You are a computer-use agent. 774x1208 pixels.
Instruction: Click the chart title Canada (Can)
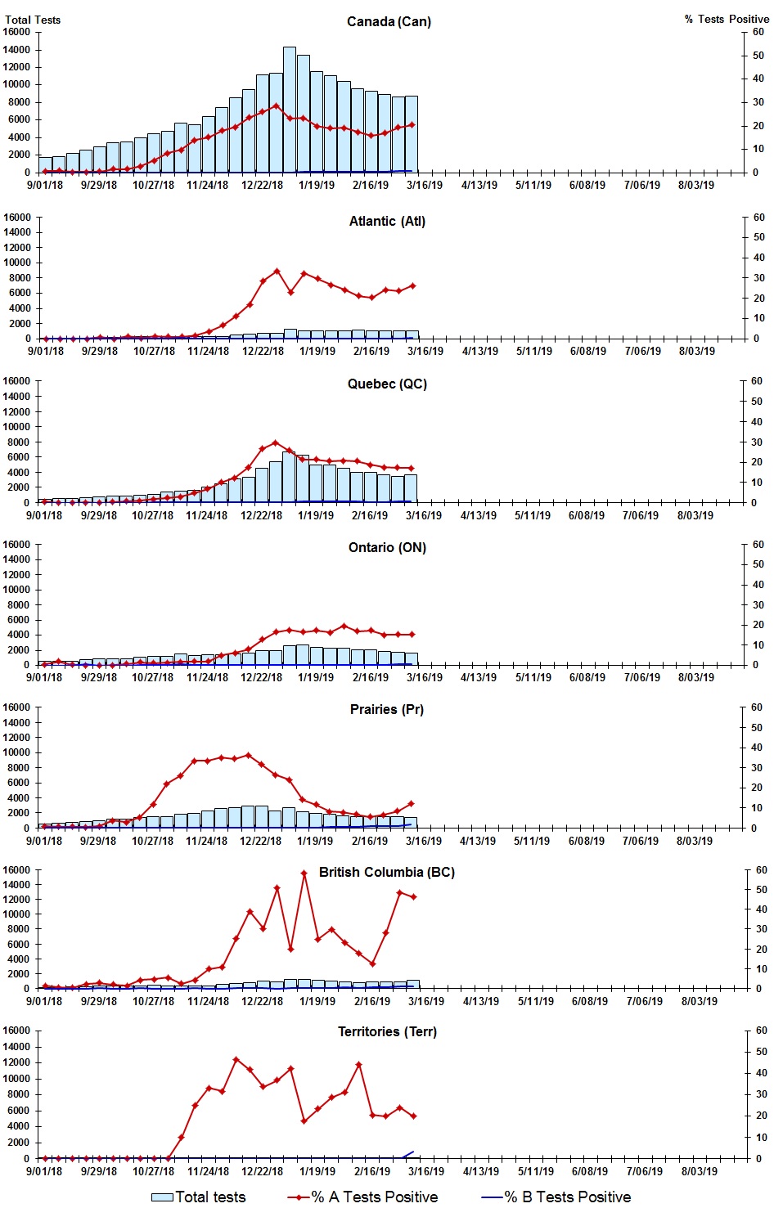(x=389, y=21)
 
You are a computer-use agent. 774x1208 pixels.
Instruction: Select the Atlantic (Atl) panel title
(x=387, y=221)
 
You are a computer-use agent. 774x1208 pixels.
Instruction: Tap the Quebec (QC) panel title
(x=387, y=384)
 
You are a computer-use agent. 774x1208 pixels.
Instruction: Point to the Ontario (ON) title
(x=387, y=547)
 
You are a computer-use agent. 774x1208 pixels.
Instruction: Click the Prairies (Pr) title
(x=387, y=709)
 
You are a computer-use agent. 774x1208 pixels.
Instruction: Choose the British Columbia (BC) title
(x=387, y=872)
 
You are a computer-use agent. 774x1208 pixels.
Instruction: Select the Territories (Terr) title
(x=387, y=1031)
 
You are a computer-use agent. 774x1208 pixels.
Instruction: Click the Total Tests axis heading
(x=33, y=20)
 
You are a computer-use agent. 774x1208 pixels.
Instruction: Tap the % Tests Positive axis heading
(x=727, y=19)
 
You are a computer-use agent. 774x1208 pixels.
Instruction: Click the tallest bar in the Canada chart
(x=290, y=110)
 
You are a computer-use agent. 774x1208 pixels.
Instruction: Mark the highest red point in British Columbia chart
(x=304, y=873)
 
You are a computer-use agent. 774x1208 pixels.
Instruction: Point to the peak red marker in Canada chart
(x=276, y=106)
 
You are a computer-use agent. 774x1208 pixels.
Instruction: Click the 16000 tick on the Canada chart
(x=17, y=32)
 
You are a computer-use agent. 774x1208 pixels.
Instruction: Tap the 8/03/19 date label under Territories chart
(x=699, y=1170)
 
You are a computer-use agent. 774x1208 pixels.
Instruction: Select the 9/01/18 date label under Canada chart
(x=45, y=185)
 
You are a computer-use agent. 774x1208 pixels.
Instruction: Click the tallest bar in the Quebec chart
(x=289, y=477)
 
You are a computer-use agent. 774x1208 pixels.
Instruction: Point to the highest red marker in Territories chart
(x=236, y=1059)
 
